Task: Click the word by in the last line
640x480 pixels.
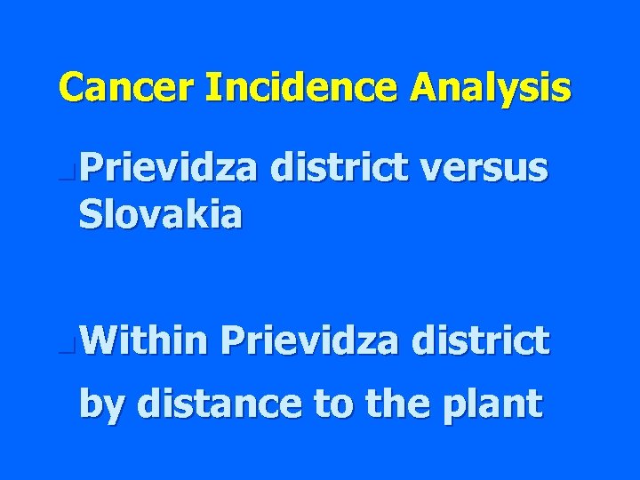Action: pyautogui.click(x=102, y=404)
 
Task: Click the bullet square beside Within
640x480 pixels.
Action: pyautogui.click(x=70, y=342)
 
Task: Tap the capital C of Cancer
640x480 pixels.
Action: pyautogui.click(x=72, y=88)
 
